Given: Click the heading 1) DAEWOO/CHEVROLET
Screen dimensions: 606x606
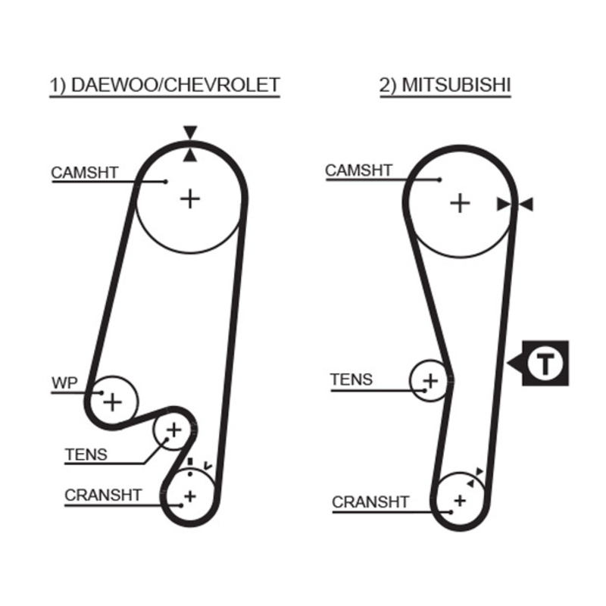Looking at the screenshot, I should coord(165,85).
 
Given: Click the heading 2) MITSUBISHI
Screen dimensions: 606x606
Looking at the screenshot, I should coord(445,85).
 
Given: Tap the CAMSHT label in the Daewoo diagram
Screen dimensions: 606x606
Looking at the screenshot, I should coord(85,172).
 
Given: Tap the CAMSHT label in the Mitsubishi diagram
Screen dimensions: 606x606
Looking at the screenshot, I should coord(359,170).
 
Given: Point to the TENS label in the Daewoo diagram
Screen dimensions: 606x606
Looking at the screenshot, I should coord(86,454).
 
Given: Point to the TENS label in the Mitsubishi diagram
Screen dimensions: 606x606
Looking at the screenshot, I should coord(351,380).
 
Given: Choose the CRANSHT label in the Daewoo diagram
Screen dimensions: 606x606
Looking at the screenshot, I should coord(103,495).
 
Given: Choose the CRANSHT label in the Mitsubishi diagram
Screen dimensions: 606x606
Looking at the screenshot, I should coord(370,501).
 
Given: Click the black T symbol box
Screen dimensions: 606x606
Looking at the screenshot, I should coord(545,364).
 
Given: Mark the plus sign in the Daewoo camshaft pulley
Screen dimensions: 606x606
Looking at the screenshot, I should coord(189,198).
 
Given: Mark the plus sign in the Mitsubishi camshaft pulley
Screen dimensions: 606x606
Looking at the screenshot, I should coord(460,203).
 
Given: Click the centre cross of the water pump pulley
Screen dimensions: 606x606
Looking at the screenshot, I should coord(112,401).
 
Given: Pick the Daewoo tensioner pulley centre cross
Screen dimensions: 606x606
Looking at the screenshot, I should coord(173,430).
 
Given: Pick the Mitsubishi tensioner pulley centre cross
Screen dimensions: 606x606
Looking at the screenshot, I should coord(430,380).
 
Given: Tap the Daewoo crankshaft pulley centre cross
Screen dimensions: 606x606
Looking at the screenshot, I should coord(189,496).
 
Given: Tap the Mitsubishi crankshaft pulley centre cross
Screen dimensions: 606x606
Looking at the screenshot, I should coord(459,500).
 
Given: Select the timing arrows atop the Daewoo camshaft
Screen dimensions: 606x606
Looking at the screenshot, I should coord(189,144).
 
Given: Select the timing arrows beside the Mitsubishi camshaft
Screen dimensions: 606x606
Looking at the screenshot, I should coord(515,204).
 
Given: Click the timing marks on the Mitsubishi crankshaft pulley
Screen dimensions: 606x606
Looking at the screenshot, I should coord(474,476).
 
